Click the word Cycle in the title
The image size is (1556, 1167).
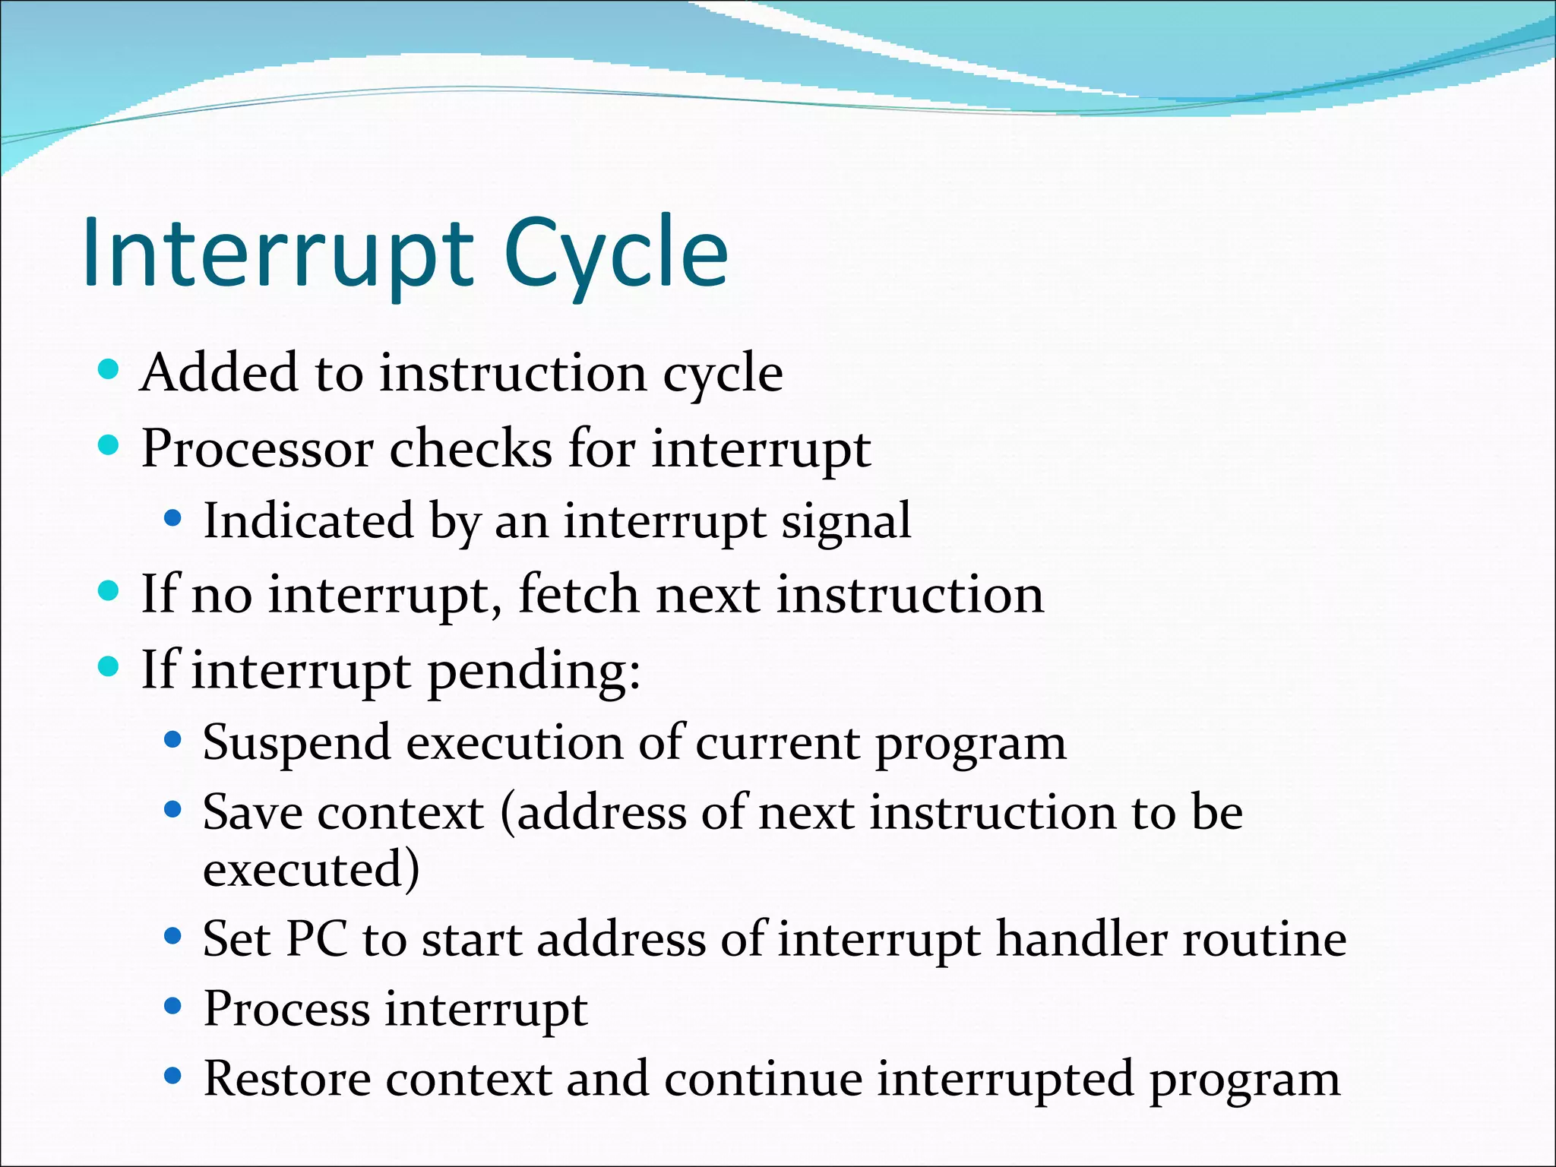coord(615,255)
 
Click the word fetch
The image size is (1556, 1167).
coord(578,594)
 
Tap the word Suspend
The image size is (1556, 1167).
coord(296,743)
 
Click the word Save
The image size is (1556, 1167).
coord(251,813)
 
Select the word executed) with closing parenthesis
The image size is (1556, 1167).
coord(311,869)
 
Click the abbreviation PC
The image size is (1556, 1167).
coord(317,939)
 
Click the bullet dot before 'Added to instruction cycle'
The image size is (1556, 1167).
coord(109,369)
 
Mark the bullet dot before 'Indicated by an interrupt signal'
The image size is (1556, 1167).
coord(173,519)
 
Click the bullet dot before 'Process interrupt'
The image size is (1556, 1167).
coord(173,1007)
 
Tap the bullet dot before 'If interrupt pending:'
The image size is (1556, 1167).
coord(109,666)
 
